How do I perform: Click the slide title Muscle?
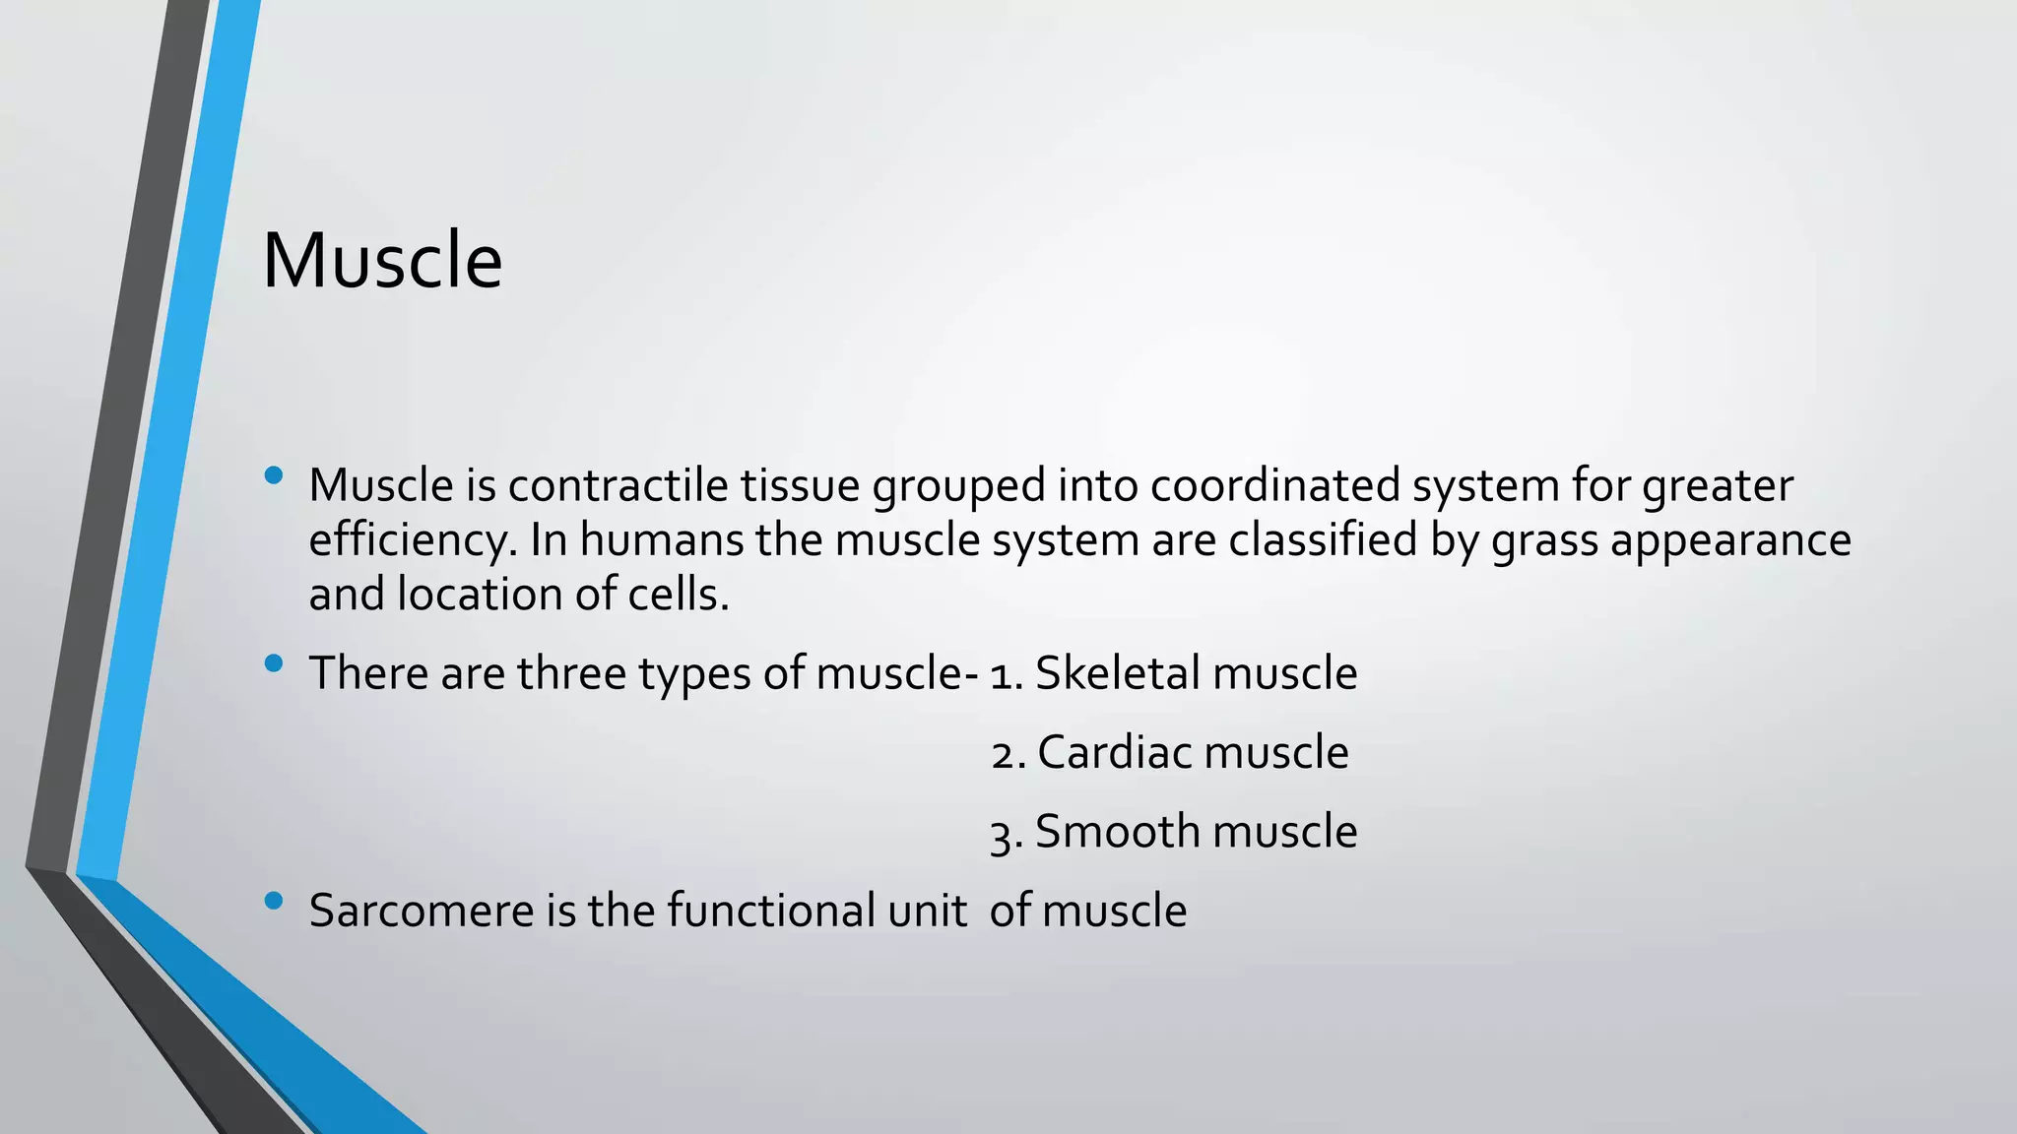[382, 261]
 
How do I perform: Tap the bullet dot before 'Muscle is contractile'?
[274, 476]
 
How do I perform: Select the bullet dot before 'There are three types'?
[274, 663]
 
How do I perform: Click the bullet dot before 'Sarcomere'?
[274, 900]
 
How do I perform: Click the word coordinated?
[1274, 485]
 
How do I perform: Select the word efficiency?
[413, 540]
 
